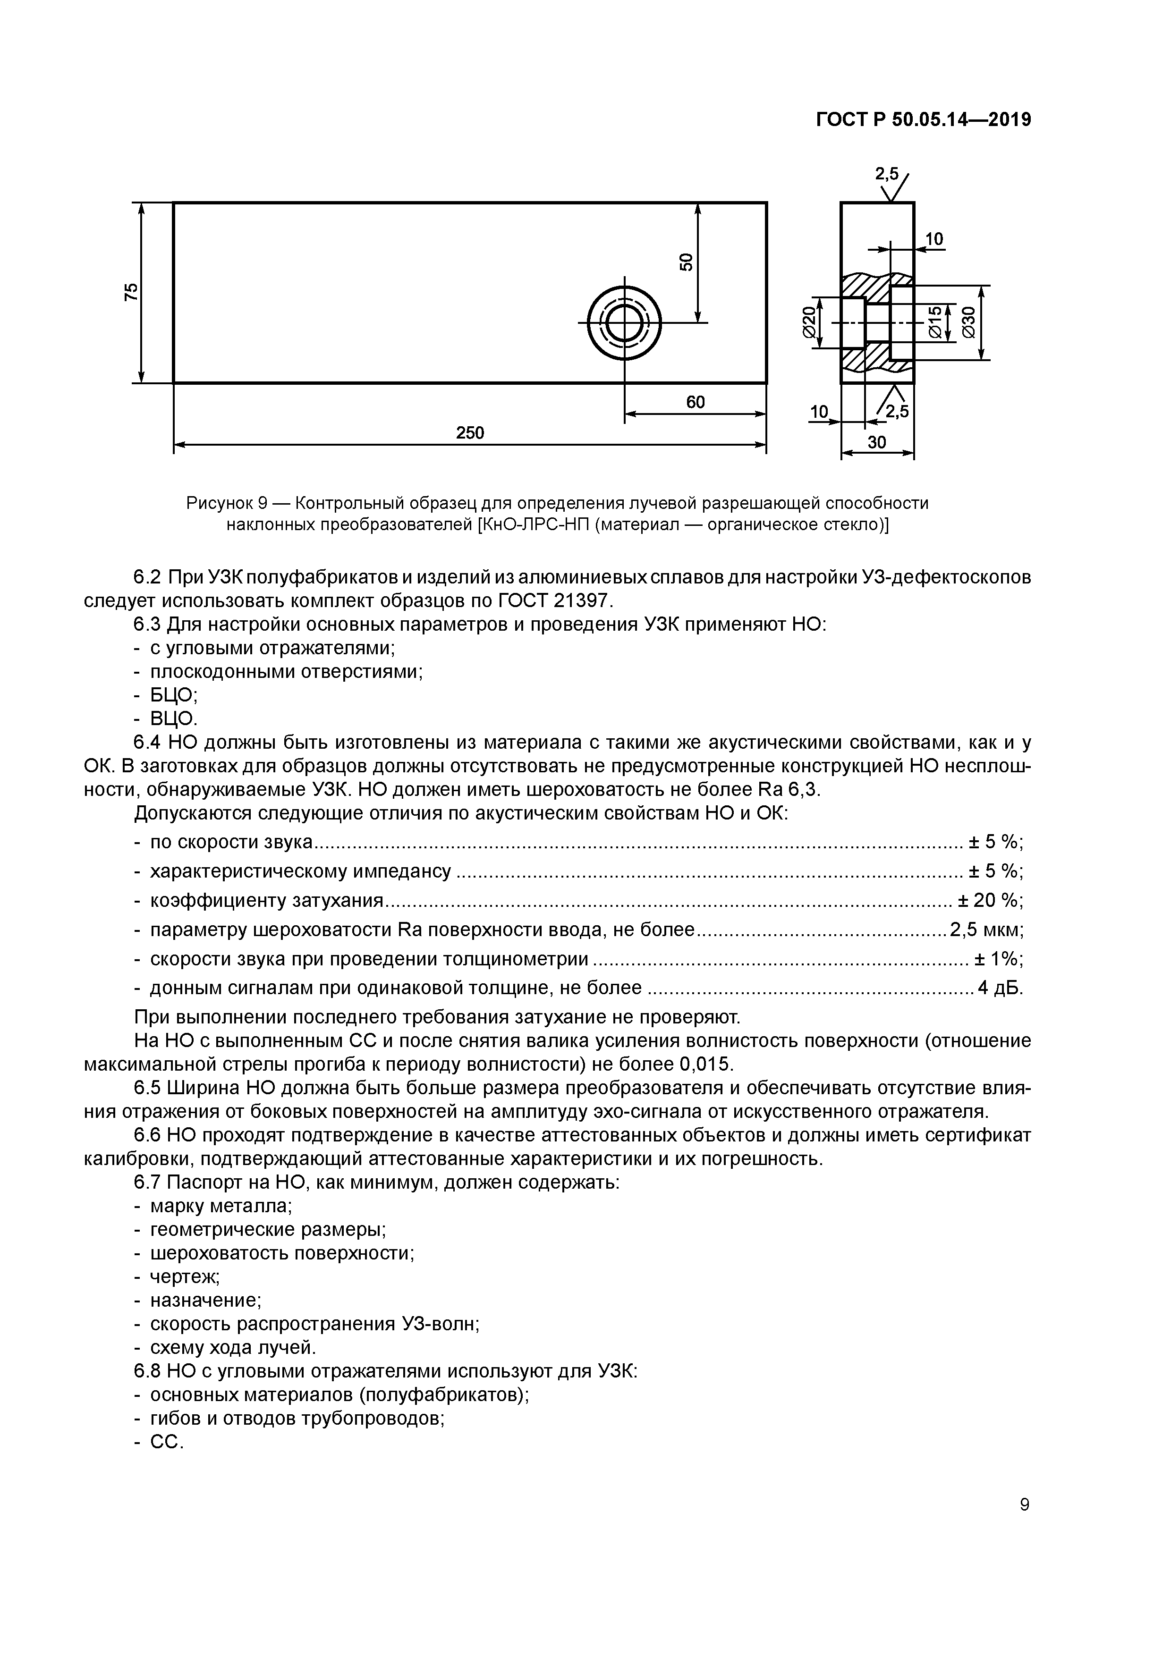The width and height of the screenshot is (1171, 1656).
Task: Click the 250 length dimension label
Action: point(470,433)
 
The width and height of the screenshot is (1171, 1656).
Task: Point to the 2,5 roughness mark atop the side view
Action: point(887,174)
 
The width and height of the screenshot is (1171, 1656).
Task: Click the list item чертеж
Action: point(184,1276)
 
